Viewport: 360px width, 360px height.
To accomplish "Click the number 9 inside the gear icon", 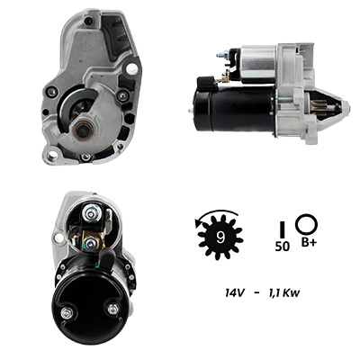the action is [x=220, y=238].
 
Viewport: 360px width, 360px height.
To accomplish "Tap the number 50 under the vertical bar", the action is [x=283, y=247].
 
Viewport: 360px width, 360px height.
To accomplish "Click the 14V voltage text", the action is [x=235, y=292].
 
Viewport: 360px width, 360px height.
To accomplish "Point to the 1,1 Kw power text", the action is [x=283, y=292].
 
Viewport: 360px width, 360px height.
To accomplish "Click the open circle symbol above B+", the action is [x=306, y=224].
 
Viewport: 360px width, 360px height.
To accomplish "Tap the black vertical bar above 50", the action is [x=282, y=229].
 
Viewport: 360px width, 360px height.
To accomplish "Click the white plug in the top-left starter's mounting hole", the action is [x=131, y=68].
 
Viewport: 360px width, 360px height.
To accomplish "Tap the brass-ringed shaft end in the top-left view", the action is [x=82, y=130].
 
